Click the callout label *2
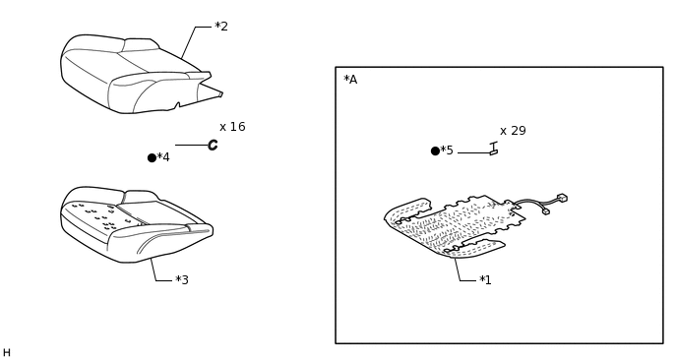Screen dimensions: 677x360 coord(221,27)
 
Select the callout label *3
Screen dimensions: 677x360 coord(182,280)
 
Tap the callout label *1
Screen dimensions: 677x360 coord(485,280)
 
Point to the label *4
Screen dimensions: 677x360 coord(163,157)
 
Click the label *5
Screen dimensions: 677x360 coord(447,150)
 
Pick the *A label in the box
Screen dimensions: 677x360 coord(350,80)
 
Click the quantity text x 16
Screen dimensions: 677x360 coord(232,127)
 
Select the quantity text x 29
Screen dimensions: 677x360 coord(513,131)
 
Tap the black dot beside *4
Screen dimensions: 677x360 coord(152,158)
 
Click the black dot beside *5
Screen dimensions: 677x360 coord(435,151)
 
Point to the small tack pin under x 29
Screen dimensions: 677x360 coord(494,149)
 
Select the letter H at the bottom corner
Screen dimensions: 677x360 coord(7,353)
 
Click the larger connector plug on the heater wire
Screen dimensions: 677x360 coord(562,198)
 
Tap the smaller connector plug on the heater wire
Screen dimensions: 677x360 coord(546,211)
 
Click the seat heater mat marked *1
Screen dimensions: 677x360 coord(454,226)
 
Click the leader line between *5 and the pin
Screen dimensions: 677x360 coord(474,152)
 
